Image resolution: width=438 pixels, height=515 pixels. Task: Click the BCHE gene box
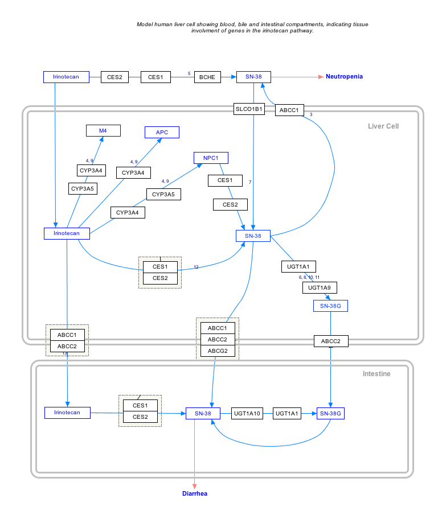coord(207,77)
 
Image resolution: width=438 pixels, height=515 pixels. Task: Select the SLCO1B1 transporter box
coord(249,109)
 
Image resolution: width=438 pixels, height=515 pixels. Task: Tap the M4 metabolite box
coord(103,131)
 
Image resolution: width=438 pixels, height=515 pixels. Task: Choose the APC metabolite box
coord(162,132)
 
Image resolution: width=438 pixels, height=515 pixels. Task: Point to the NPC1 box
coord(211,158)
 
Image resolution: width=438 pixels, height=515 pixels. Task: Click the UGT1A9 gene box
coord(319,288)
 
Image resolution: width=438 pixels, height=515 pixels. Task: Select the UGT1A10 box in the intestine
coord(247,414)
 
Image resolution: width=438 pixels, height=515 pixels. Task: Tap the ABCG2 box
coord(218,351)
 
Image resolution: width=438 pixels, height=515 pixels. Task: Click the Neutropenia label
coord(344,76)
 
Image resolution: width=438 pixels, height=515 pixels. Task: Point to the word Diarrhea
coord(195,493)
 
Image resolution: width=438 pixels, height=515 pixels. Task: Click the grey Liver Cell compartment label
coord(383,126)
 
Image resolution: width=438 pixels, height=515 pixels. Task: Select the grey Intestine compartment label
coord(376,374)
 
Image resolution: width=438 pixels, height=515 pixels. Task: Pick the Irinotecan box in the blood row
coord(66,77)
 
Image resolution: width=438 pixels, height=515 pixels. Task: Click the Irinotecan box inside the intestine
coord(67,413)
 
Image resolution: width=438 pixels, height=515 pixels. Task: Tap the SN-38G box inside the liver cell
coord(330,306)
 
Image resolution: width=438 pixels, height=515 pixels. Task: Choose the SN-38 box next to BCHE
coord(253,77)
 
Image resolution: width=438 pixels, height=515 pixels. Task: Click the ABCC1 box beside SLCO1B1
coord(289,110)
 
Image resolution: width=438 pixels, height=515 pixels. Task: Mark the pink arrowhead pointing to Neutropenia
coord(321,76)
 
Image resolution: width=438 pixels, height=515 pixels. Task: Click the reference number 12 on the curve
coord(196,267)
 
